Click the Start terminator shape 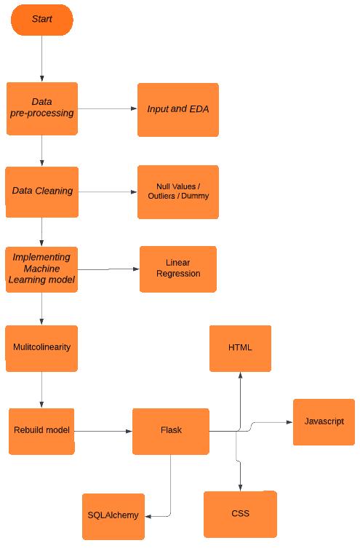41,20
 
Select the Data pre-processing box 41,108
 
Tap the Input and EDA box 177,109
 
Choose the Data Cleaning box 41,191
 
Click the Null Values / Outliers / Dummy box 177,191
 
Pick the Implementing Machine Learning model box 41,269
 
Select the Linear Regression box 177,269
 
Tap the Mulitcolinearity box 41,348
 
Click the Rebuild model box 41,431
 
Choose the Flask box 171,431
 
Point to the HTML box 240,348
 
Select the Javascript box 324,421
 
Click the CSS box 240,514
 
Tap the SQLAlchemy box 113,516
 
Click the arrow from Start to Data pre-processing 41,58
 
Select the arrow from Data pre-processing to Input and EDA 107,109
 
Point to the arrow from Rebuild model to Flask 103,432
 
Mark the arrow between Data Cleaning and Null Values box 107,192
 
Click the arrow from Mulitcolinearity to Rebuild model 41,389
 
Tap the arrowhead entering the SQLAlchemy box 149,516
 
